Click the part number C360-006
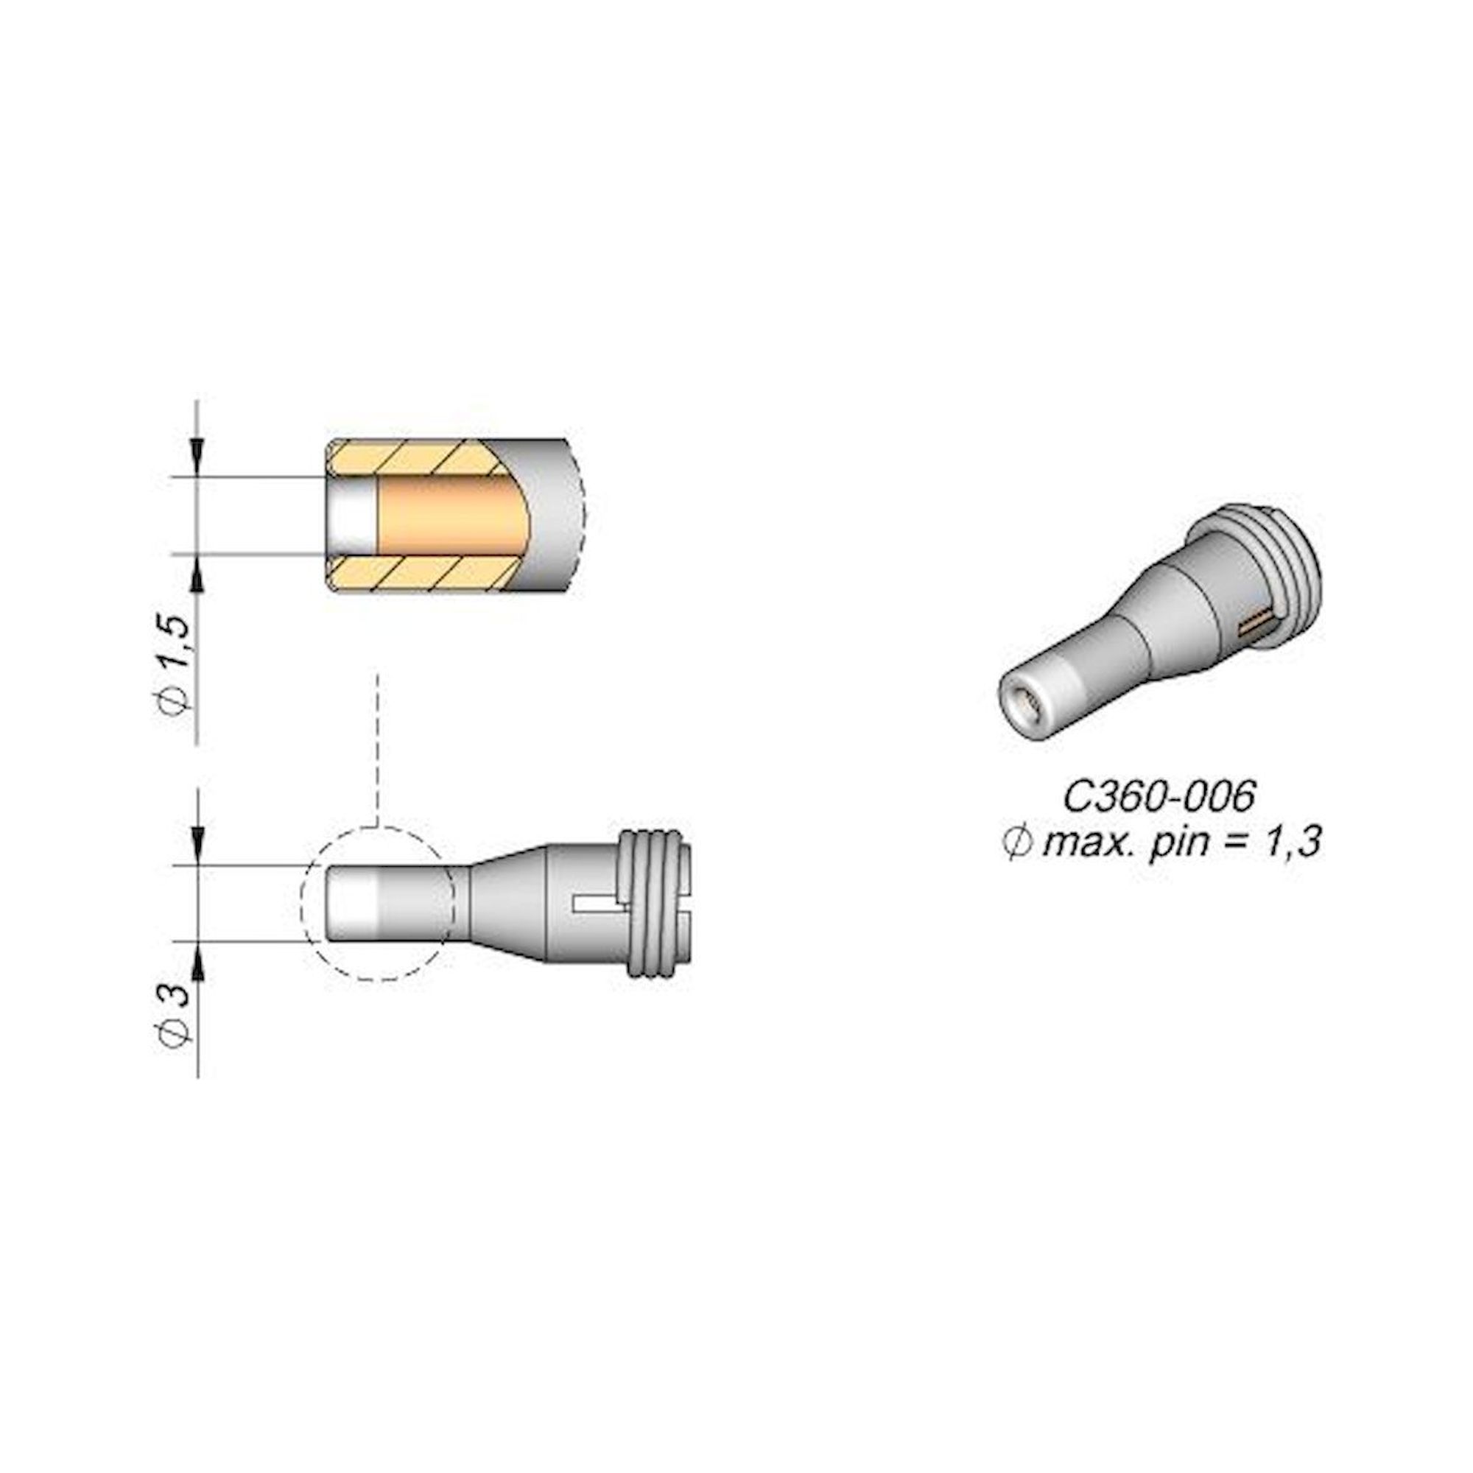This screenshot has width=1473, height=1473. pos(1158,798)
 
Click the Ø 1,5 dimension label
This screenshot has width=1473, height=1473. pos(175,663)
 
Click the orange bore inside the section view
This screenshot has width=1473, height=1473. pos(450,516)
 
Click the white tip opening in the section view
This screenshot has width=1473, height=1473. pos(352,516)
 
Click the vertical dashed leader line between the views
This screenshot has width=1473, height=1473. pos(377,747)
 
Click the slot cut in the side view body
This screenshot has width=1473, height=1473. pos(600,904)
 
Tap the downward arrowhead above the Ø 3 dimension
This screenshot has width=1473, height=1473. pos(197,850)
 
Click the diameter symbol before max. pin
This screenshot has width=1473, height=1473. pos(1016,844)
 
